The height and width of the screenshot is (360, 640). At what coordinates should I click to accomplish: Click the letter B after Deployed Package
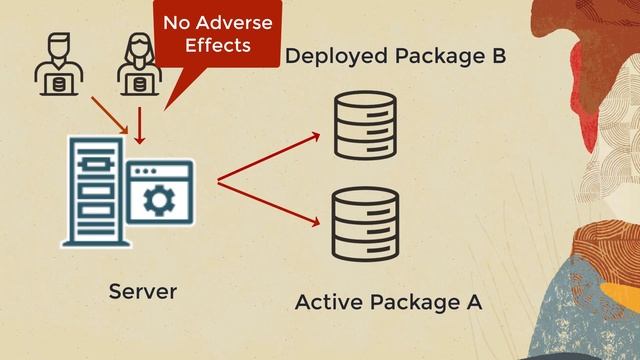coord(497,56)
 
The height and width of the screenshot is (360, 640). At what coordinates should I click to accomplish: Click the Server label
coord(142,292)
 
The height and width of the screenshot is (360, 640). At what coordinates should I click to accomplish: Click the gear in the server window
coord(157,200)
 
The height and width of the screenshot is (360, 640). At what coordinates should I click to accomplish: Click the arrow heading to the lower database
coord(268,203)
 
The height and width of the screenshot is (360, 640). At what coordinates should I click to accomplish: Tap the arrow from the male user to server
coord(108,114)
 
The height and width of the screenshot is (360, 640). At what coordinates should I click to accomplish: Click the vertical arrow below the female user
coord(140,125)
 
